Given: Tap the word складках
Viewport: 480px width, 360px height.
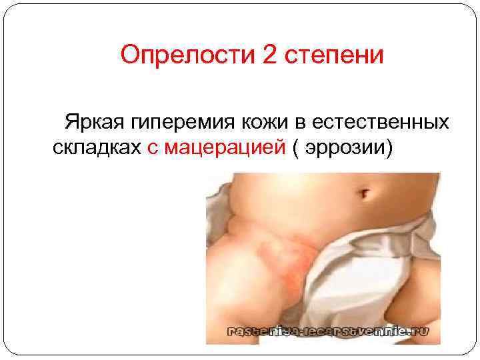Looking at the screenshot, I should (95, 147).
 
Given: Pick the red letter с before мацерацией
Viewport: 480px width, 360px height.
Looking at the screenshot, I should (151, 148).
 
